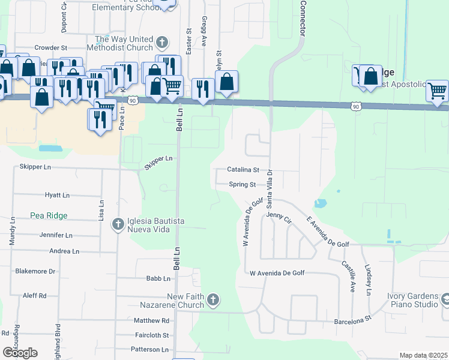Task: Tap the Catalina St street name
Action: click(x=243, y=170)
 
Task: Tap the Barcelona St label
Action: click(x=354, y=321)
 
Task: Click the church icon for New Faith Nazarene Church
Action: click(x=213, y=299)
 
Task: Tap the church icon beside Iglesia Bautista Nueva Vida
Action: click(x=118, y=224)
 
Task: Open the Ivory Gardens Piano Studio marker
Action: click(x=446, y=299)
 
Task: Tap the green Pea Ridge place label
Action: click(x=49, y=215)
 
